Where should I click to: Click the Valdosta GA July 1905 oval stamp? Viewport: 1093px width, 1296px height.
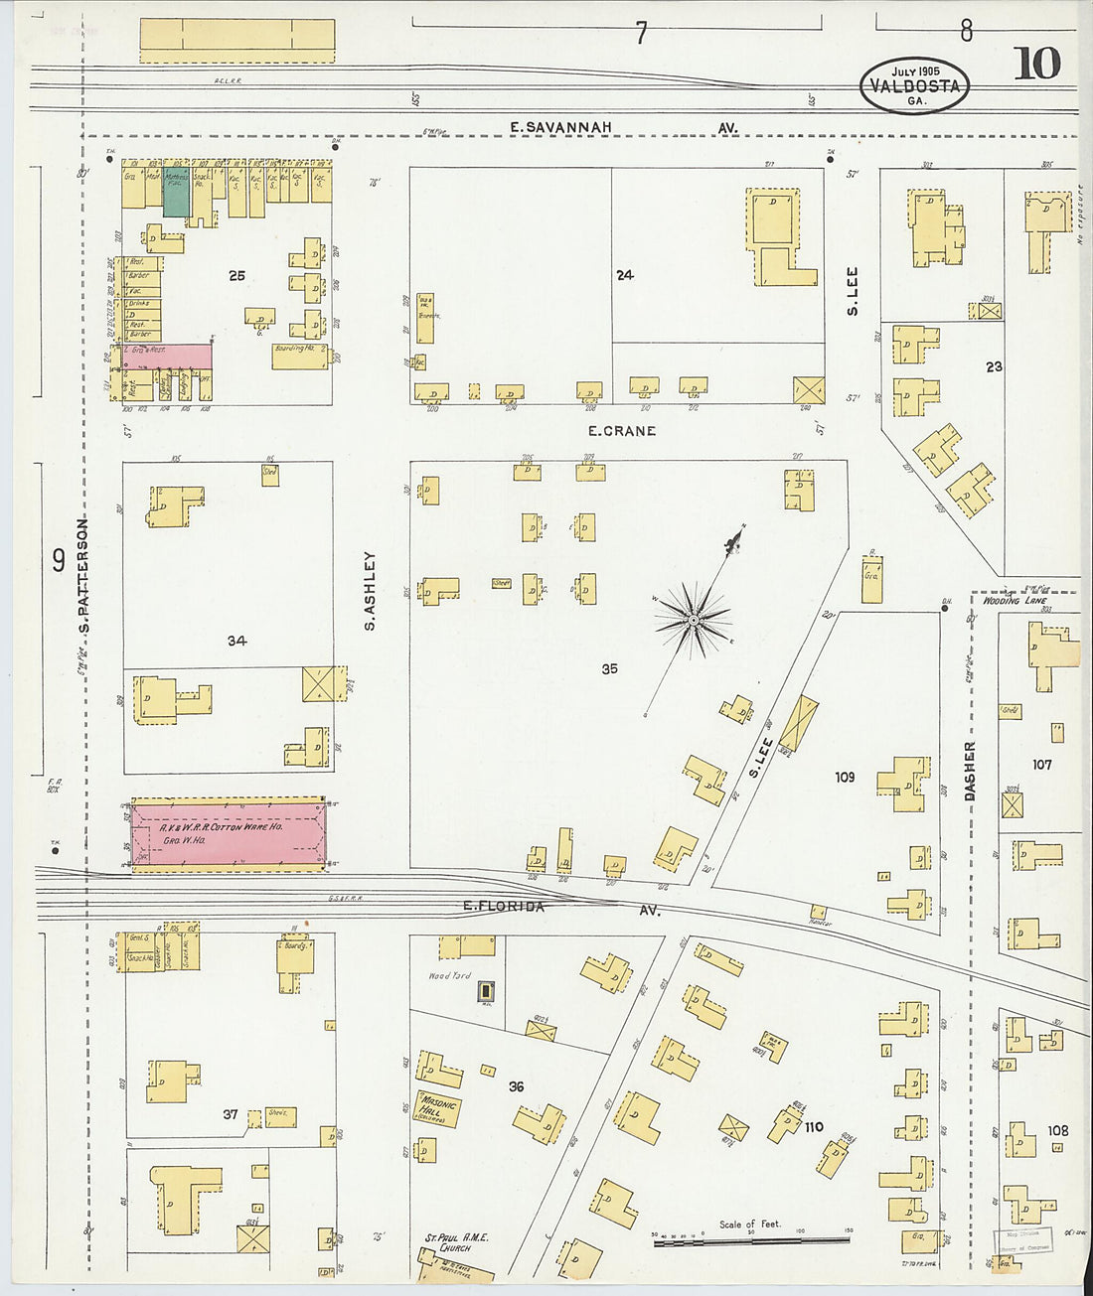pos(914,85)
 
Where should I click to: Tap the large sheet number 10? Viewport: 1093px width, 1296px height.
pos(1036,64)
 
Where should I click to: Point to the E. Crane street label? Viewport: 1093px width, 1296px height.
pos(622,431)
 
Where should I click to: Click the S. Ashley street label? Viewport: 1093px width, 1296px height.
pos(370,592)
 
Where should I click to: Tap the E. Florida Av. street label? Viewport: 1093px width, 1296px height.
pos(561,908)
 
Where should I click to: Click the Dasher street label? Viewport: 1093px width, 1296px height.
pos(970,771)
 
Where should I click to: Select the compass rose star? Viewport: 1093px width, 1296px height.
pos(693,622)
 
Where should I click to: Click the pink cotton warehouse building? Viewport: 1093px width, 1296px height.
pos(228,835)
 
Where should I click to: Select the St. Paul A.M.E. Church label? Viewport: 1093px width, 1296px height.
pos(456,1242)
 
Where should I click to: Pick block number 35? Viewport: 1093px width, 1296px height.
pos(609,669)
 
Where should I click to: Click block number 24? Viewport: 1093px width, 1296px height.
pos(624,275)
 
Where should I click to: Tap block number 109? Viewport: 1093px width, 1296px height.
pos(844,777)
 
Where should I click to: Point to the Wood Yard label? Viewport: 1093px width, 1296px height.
pos(449,977)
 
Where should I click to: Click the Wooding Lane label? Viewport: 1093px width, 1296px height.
pos(1014,601)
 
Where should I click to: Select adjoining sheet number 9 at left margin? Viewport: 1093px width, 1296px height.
pos(59,561)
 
